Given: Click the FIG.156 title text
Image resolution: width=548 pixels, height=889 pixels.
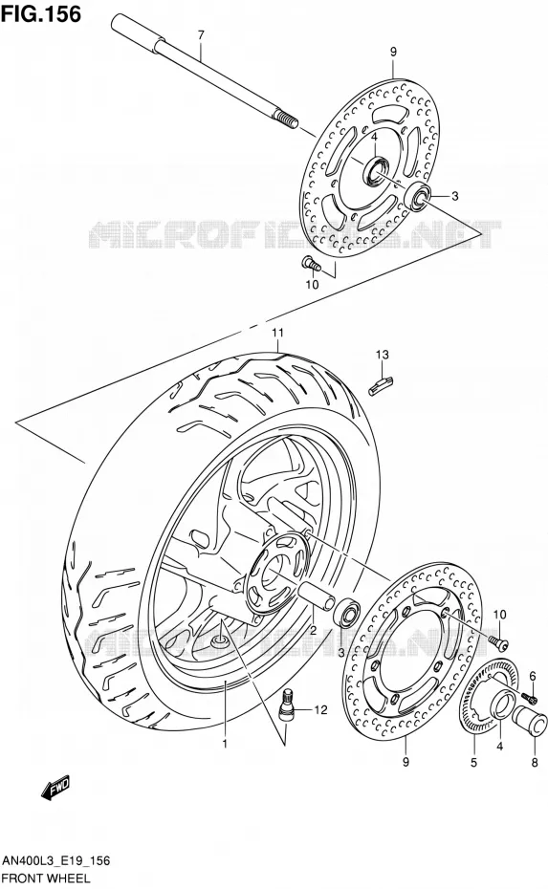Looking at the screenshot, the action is click(x=41, y=14).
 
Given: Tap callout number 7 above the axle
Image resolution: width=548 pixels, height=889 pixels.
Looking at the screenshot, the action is click(x=200, y=35).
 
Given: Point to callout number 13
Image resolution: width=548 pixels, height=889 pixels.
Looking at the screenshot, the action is click(x=382, y=355).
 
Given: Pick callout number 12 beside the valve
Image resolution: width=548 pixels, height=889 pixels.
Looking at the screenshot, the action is click(x=320, y=709).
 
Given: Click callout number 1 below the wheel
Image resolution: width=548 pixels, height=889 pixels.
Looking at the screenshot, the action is click(x=225, y=744).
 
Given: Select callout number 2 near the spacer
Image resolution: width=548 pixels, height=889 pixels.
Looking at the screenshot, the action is click(x=313, y=630).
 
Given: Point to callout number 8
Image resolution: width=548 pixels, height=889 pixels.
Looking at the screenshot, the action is click(x=535, y=763).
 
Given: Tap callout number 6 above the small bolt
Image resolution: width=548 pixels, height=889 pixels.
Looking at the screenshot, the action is click(x=533, y=675).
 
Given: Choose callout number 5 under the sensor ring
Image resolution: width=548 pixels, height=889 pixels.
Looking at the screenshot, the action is click(x=473, y=763).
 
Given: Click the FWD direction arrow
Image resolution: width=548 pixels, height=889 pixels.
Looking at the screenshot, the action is click(x=55, y=788).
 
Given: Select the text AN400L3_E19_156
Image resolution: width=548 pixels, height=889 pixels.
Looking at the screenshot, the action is click(x=56, y=861).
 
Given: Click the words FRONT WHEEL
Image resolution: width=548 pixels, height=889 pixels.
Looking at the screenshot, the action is click(x=47, y=878).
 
